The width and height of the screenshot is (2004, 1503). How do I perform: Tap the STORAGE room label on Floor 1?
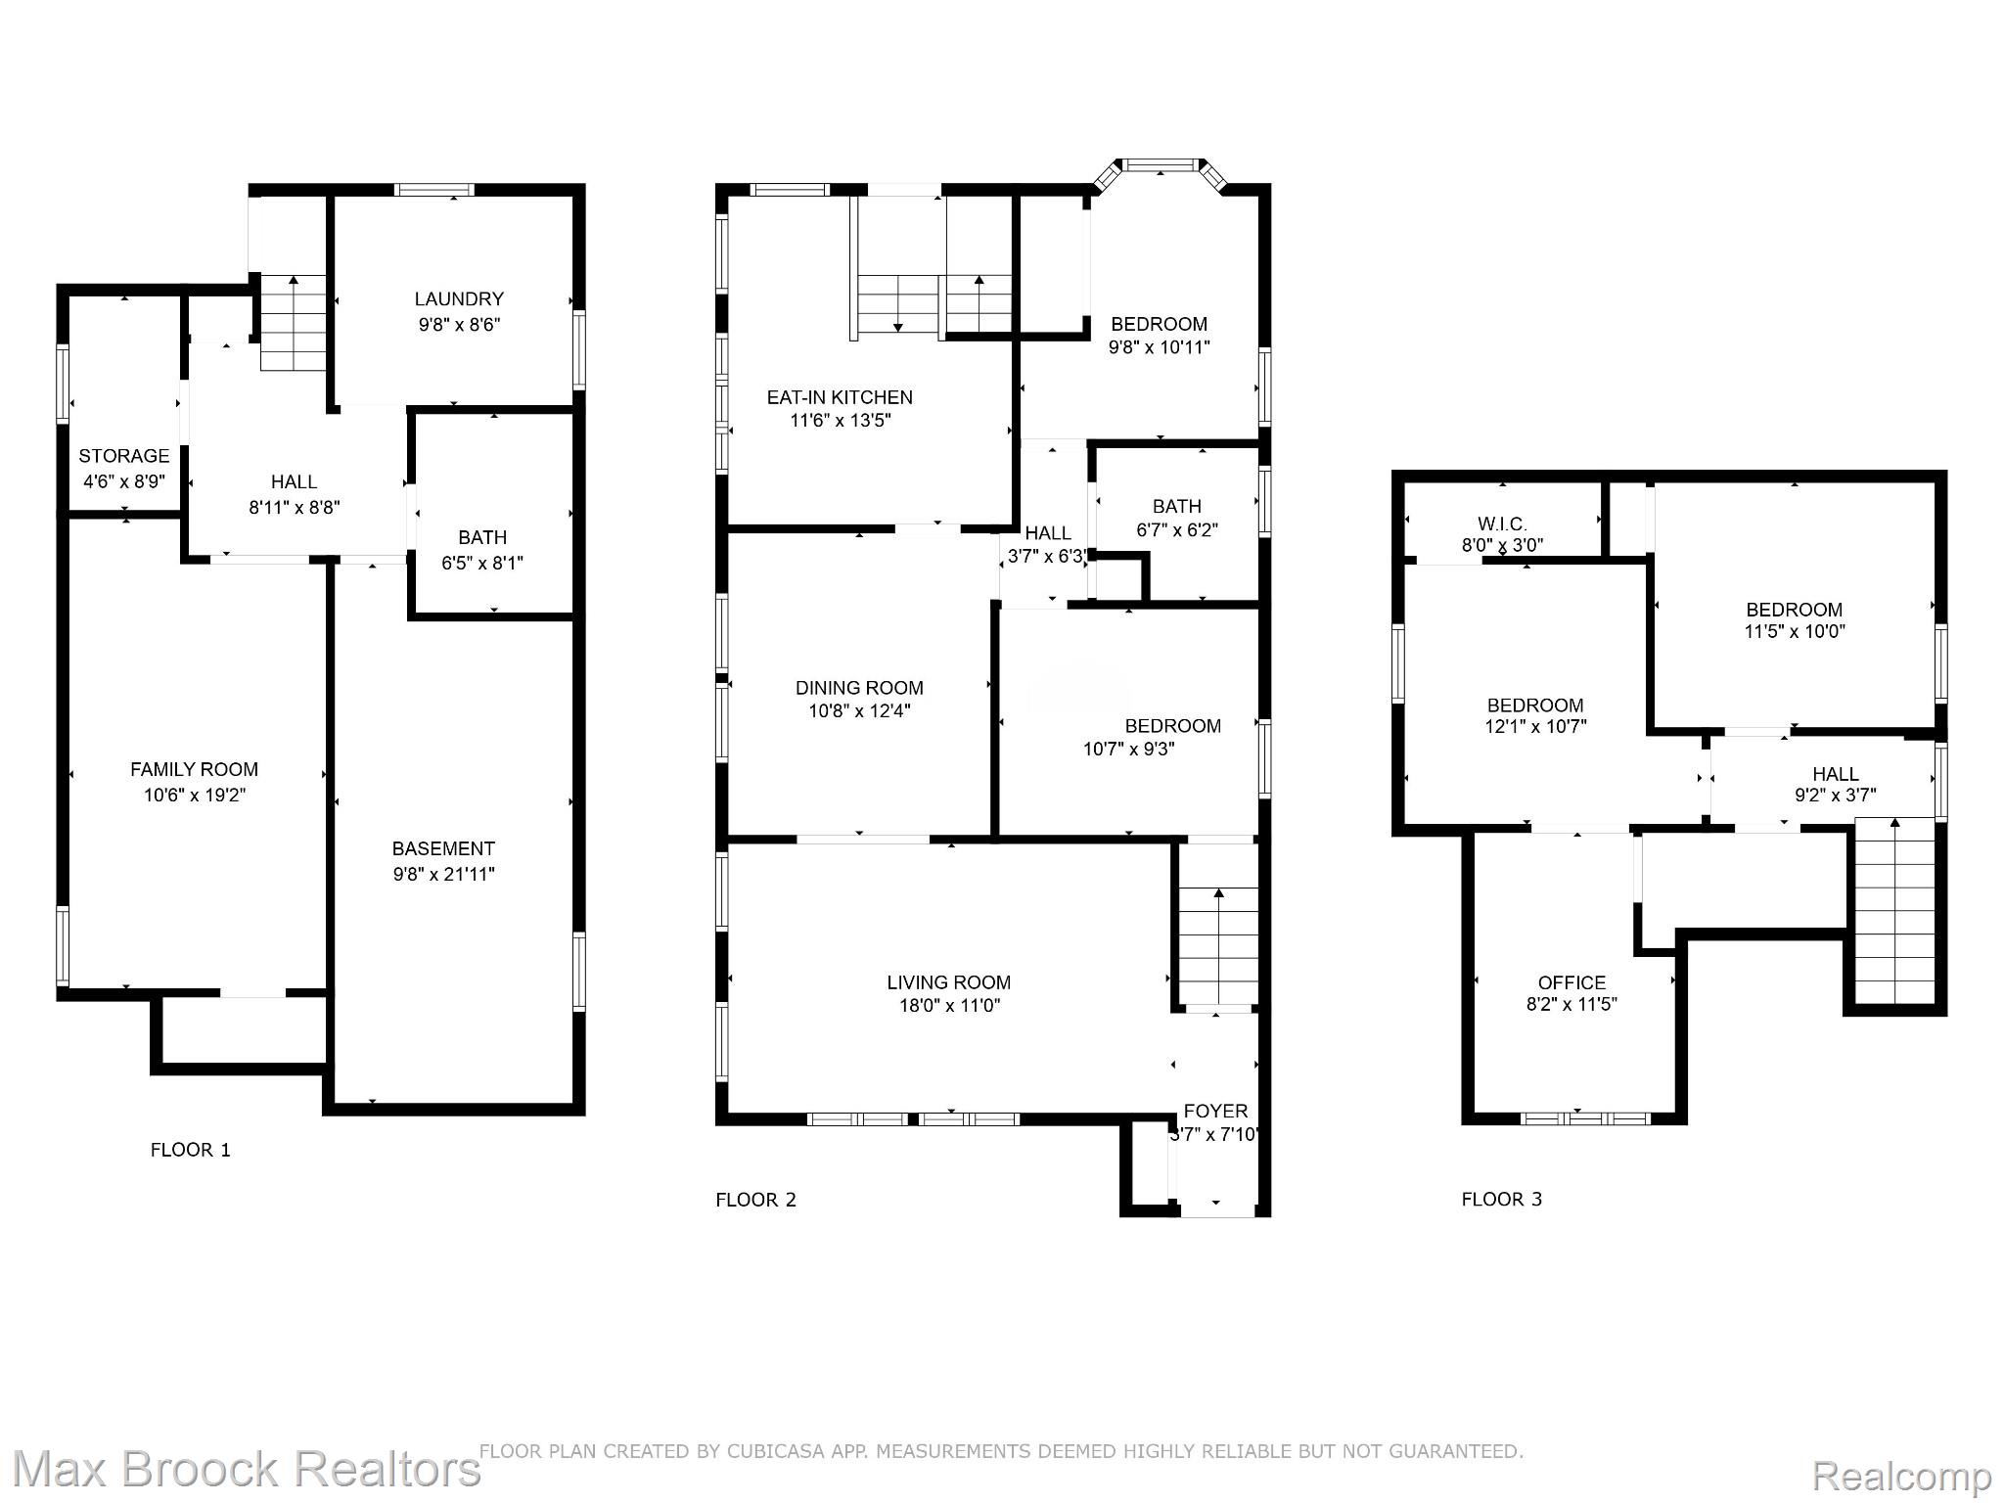123,456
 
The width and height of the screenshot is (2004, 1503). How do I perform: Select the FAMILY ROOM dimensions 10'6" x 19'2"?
195,795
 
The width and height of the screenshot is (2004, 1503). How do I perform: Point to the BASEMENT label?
443,848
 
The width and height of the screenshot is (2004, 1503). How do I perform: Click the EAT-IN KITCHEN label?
840,397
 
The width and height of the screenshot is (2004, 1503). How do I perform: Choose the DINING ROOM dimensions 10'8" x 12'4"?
859,711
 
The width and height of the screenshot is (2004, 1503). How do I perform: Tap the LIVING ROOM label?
949,982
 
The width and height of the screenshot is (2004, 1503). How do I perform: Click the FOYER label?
1215,1111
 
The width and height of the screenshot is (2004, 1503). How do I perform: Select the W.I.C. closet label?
1502,524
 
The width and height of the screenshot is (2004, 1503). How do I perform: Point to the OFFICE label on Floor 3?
1571,982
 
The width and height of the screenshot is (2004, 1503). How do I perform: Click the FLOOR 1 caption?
191,1150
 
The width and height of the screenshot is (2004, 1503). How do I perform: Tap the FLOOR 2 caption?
755,1200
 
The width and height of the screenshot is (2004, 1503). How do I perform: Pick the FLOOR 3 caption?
1502,1200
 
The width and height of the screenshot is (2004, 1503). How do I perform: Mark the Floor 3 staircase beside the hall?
1894,912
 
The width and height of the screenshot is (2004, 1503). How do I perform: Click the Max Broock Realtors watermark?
246,1469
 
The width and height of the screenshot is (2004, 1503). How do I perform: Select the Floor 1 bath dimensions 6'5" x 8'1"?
482,563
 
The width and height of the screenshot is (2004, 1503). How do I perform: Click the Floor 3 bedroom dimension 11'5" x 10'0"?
1795,631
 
